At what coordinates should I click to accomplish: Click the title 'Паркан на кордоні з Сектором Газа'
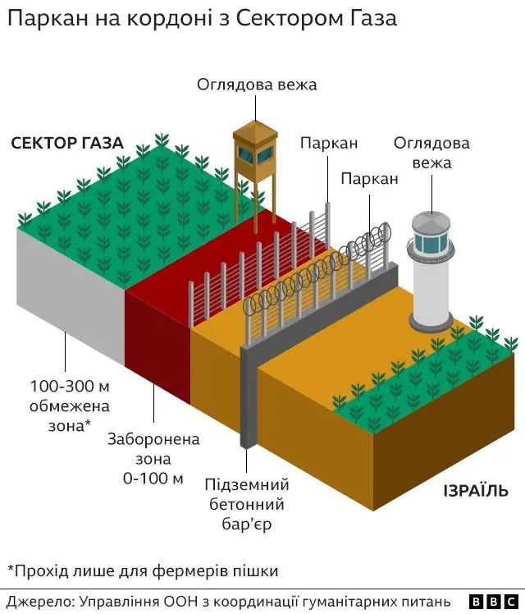click(x=201, y=19)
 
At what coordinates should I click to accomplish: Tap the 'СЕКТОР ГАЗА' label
click(x=67, y=143)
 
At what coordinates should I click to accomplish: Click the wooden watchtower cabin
click(x=252, y=144)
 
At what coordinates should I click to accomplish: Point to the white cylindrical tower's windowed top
click(x=431, y=239)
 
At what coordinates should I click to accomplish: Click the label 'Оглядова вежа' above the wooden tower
click(x=256, y=85)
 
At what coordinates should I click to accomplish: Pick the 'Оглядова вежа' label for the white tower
click(x=431, y=153)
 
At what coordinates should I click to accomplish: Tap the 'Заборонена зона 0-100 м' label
click(x=153, y=459)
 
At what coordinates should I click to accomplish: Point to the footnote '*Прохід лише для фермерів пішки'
click(x=143, y=569)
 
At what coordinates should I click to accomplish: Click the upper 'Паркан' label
click(x=328, y=143)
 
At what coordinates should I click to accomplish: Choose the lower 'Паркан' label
click(x=369, y=178)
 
